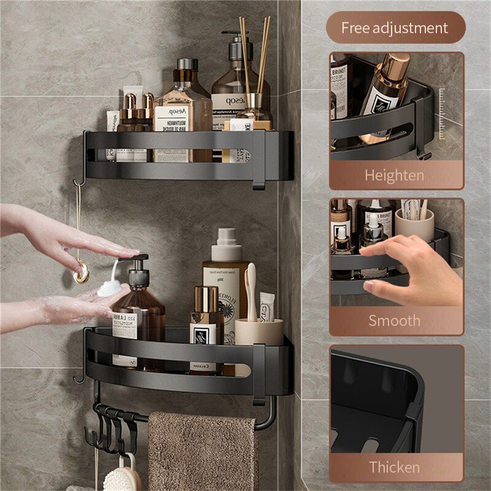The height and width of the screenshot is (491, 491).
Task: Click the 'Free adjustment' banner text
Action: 395,28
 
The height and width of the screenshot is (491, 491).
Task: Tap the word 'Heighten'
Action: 394,176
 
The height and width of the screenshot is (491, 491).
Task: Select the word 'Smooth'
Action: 394,320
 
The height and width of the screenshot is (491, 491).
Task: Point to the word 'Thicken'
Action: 394,467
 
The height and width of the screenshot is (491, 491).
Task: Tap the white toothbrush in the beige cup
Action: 250,292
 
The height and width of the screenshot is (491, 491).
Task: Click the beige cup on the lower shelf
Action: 259,331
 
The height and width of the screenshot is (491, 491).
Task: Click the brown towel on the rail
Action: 203,451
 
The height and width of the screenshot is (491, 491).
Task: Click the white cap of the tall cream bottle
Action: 225,237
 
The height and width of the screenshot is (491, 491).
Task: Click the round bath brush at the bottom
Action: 122,479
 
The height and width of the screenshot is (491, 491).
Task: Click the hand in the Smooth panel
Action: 411,270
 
